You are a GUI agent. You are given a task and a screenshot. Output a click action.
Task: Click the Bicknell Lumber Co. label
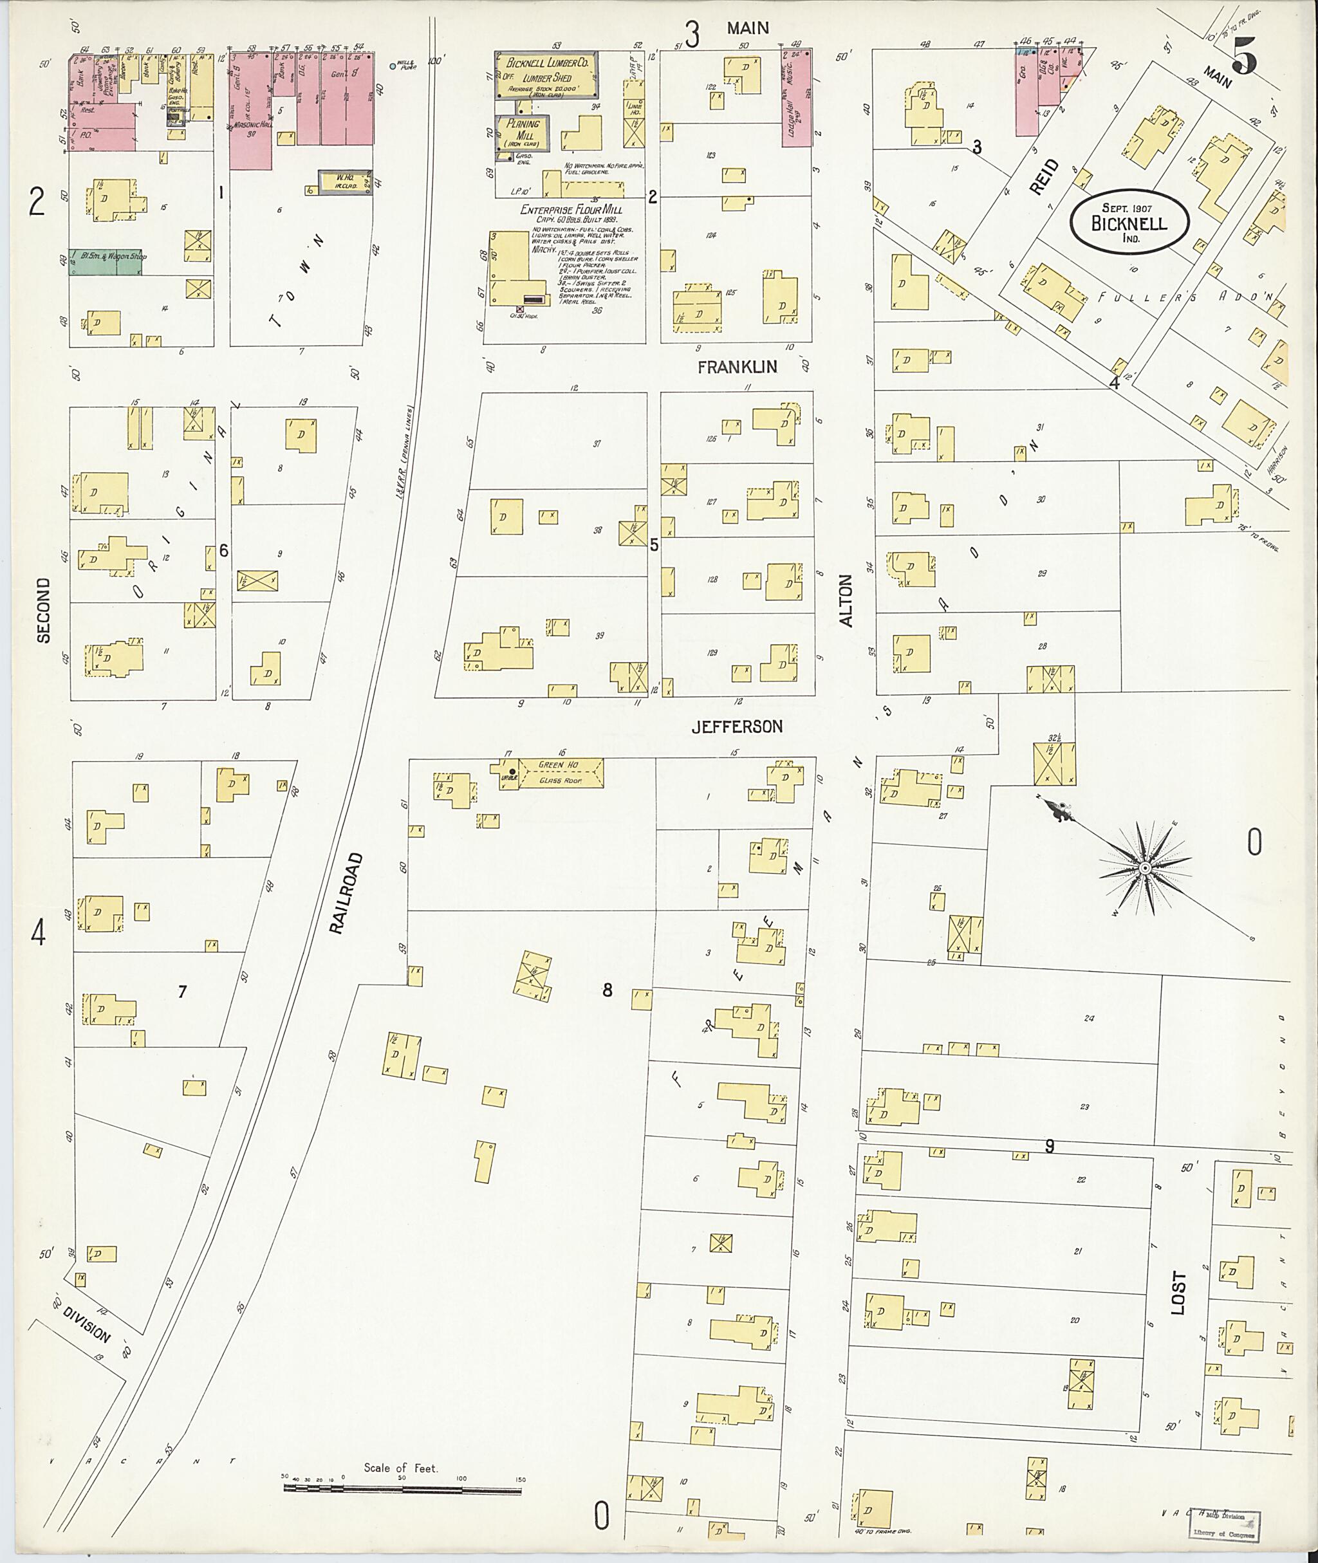coord(548,64)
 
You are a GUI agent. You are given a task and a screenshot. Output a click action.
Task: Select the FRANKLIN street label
coord(737,367)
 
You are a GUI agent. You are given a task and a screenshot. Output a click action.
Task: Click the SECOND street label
coord(42,609)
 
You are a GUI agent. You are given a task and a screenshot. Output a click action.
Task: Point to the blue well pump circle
coord(394,66)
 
